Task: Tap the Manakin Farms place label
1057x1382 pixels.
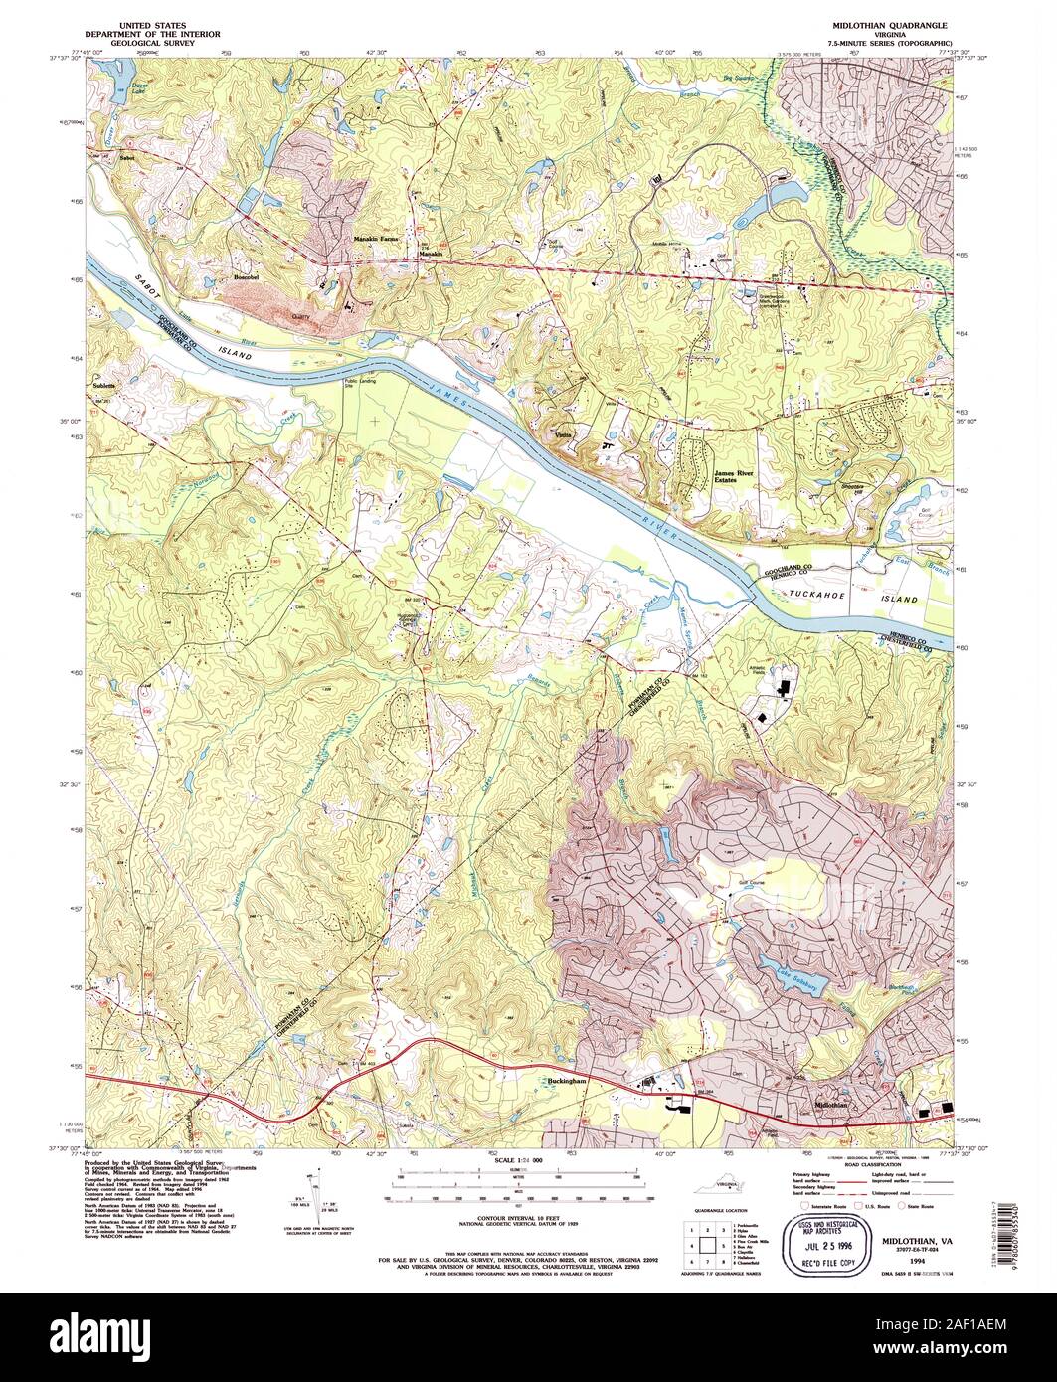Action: (x=375, y=241)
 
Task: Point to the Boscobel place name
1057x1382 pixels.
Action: (x=246, y=277)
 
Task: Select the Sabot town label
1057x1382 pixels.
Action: (x=126, y=157)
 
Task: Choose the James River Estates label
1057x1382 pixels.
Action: (x=734, y=476)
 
